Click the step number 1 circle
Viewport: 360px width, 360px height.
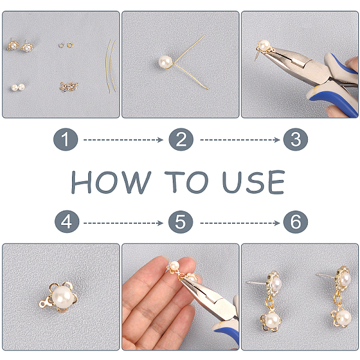point(65,139)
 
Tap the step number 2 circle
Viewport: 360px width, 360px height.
point(181,139)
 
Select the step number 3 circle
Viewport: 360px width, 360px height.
point(295,139)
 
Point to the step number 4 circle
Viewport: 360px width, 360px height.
point(67,222)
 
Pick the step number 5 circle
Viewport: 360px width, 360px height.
point(181,222)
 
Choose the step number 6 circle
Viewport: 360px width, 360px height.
point(295,222)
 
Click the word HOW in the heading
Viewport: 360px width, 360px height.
point(111,182)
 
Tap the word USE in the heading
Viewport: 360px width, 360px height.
point(253,182)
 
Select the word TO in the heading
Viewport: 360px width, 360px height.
point(187,182)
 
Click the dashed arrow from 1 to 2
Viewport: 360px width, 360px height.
point(123,140)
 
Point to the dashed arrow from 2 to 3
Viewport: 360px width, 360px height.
point(240,140)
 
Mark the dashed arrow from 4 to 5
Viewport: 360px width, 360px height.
point(123,223)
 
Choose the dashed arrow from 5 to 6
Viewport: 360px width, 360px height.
point(240,223)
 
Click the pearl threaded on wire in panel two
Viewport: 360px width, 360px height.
point(166,62)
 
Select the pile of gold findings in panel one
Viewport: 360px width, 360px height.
point(69,87)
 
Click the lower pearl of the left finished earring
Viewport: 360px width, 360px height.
point(272,320)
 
